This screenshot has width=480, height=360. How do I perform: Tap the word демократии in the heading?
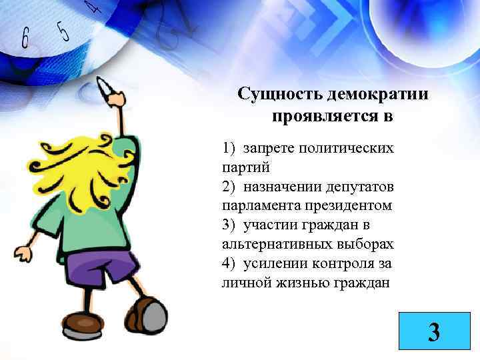tap(373, 94)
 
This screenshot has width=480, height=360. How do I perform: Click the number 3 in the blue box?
tap(434, 331)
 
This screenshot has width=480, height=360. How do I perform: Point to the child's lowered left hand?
tap(23, 254)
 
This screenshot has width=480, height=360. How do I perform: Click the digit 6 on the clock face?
tap(25, 38)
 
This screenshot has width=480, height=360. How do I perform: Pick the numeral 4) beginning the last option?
tap(229, 263)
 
